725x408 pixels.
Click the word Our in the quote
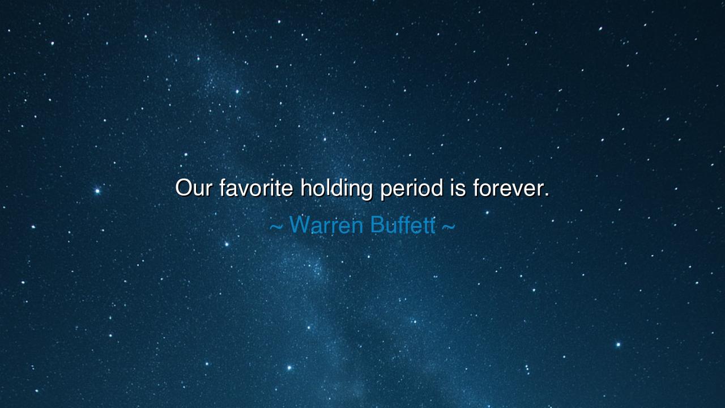pyautogui.click(x=193, y=188)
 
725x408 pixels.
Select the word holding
pyautogui.click(x=336, y=188)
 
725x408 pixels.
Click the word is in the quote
pyautogui.click(x=458, y=188)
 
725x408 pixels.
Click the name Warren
pyautogui.click(x=326, y=225)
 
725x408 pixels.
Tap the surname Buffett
pyautogui.click(x=403, y=225)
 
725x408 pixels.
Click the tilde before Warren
pyautogui.click(x=276, y=227)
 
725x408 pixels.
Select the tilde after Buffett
pyautogui.click(x=447, y=227)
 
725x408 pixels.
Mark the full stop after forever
pyautogui.click(x=547, y=195)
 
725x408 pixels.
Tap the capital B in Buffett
pyautogui.click(x=377, y=225)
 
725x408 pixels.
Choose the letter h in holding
pyautogui.click(x=306, y=187)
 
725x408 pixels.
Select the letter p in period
pyautogui.click(x=386, y=190)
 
